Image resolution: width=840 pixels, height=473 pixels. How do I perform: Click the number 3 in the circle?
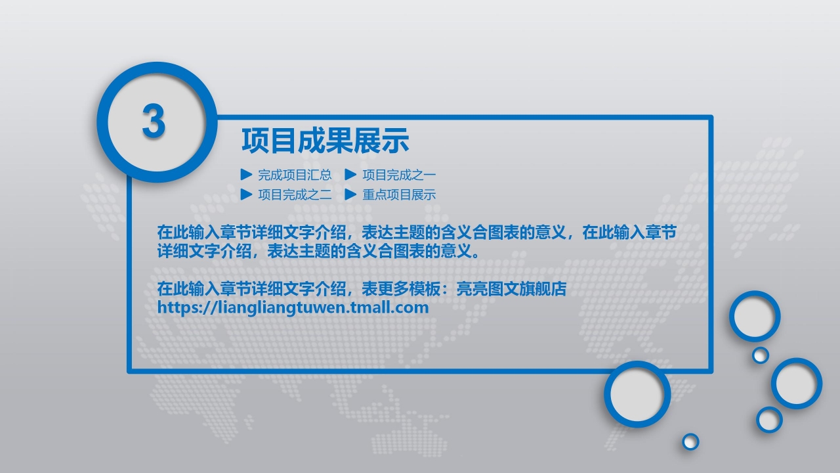pos(154,122)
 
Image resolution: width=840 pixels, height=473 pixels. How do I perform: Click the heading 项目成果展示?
pos(325,141)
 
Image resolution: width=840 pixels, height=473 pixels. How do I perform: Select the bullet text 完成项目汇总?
pos(295,175)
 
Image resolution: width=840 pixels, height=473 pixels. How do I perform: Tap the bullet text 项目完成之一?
pos(399,175)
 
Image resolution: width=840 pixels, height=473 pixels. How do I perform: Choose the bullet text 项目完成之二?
pos(295,194)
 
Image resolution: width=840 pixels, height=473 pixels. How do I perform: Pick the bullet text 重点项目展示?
pos(399,194)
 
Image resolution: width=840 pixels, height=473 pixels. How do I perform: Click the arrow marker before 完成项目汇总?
pos(246,175)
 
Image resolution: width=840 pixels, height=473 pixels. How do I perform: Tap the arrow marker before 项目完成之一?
pos(350,175)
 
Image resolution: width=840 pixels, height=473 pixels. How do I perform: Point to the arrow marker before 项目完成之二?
pos(246,194)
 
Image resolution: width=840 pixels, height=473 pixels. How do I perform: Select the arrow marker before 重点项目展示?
pos(350,194)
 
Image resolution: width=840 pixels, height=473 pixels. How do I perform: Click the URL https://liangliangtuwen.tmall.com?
pos(293,307)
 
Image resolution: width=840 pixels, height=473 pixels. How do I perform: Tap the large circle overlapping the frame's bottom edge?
pos(637,394)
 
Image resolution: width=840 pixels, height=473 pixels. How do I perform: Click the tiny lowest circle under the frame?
pos(690,441)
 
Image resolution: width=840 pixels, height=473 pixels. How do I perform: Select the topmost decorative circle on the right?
pos(755,316)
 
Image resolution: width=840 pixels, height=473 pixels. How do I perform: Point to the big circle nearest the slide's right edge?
pos(796,383)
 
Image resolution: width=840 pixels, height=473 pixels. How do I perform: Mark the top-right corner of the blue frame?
pos(711,118)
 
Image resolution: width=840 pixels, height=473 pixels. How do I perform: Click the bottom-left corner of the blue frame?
pos(129,371)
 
